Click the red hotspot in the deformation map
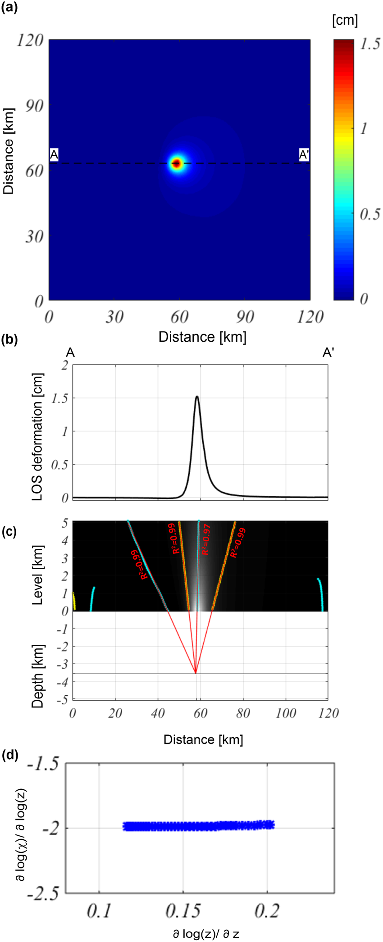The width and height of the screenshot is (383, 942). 177,163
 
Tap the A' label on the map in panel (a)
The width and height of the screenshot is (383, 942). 304,154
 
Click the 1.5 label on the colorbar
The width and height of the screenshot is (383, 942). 370,44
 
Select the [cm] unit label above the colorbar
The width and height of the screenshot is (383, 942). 345,20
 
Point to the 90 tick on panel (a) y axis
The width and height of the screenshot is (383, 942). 34,105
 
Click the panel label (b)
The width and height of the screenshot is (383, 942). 9,340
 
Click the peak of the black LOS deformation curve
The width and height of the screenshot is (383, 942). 197,397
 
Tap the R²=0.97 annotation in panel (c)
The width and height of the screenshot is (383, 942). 205,539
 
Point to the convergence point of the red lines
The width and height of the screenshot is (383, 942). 196,673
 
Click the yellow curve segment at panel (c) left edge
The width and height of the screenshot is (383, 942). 74,602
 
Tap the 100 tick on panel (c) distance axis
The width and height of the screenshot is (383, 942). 286,713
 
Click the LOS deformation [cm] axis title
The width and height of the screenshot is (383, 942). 38,437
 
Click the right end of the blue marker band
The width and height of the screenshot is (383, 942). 272,824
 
